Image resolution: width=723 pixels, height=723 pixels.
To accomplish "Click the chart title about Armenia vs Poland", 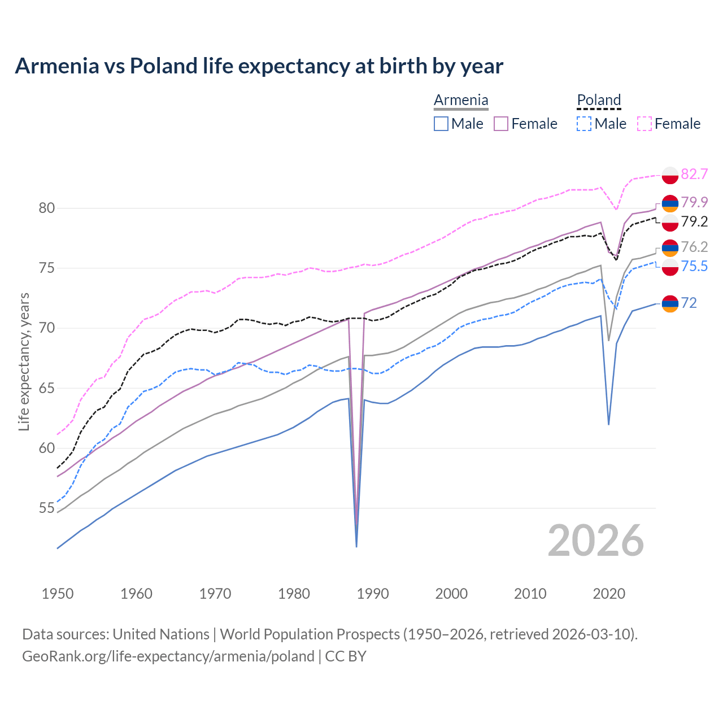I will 259,66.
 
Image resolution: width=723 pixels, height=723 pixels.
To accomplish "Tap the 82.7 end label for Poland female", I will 694,174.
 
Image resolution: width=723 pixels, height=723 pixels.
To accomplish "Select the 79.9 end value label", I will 694,202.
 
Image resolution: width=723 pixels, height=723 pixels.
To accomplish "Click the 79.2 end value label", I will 694,221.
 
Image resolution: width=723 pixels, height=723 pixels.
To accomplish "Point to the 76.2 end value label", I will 694,247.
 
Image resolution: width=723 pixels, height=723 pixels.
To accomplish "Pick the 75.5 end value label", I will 694,266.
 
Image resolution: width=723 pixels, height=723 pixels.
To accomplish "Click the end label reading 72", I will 689,303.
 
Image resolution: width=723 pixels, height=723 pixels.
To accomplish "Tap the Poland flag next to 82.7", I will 670,175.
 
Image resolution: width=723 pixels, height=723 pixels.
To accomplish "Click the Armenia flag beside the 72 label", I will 670,303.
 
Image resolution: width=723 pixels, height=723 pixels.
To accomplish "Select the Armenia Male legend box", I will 441,124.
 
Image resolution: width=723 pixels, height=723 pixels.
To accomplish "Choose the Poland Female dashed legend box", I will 644,124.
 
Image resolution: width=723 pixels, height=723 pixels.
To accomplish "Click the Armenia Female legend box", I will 502,124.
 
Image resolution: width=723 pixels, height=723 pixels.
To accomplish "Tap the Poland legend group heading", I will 599,100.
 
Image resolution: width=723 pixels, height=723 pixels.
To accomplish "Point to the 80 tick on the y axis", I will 46,208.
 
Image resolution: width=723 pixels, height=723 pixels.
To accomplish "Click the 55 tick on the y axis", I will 46,508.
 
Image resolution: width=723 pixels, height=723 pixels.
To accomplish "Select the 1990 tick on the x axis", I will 373,594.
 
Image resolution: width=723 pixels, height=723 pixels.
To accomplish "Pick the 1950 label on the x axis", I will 58,594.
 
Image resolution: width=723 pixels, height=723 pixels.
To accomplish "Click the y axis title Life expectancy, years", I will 24,361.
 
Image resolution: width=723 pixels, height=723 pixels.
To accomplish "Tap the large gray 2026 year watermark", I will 596,541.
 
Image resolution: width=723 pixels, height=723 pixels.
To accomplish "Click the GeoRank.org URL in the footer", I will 168,656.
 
